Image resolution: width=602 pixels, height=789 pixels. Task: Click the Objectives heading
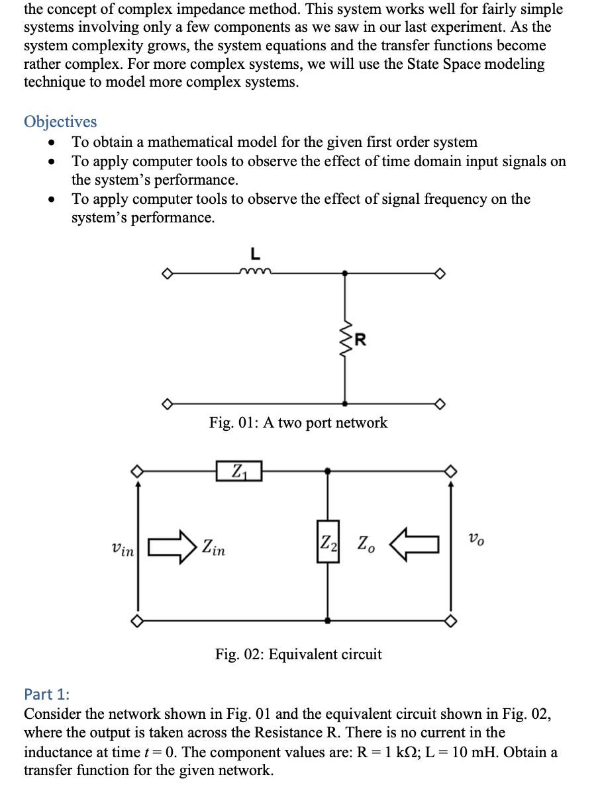(x=60, y=122)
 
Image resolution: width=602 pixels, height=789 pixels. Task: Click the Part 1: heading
(x=46, y=694)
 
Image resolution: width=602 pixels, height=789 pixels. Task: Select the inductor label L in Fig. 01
(x=254, y=253)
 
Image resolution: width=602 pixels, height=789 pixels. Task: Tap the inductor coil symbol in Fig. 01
(x=254, y=270)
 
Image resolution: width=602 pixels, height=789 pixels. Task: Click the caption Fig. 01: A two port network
(x=298, y=422)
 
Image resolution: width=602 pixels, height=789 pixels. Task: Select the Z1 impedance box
(x=238, y=471)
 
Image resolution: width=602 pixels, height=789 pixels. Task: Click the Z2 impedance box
(x=328, y=542)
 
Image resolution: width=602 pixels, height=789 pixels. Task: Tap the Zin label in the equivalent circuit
(x=213, y=547)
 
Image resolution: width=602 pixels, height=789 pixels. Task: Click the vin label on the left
(x=123, y=549)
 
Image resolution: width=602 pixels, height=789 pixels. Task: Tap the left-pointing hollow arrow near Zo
(x=415, y=544)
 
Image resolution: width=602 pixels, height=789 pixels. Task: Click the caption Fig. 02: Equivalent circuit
(x=298, y=655)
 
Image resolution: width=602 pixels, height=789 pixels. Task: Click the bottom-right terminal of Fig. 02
(x=450, y=620)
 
